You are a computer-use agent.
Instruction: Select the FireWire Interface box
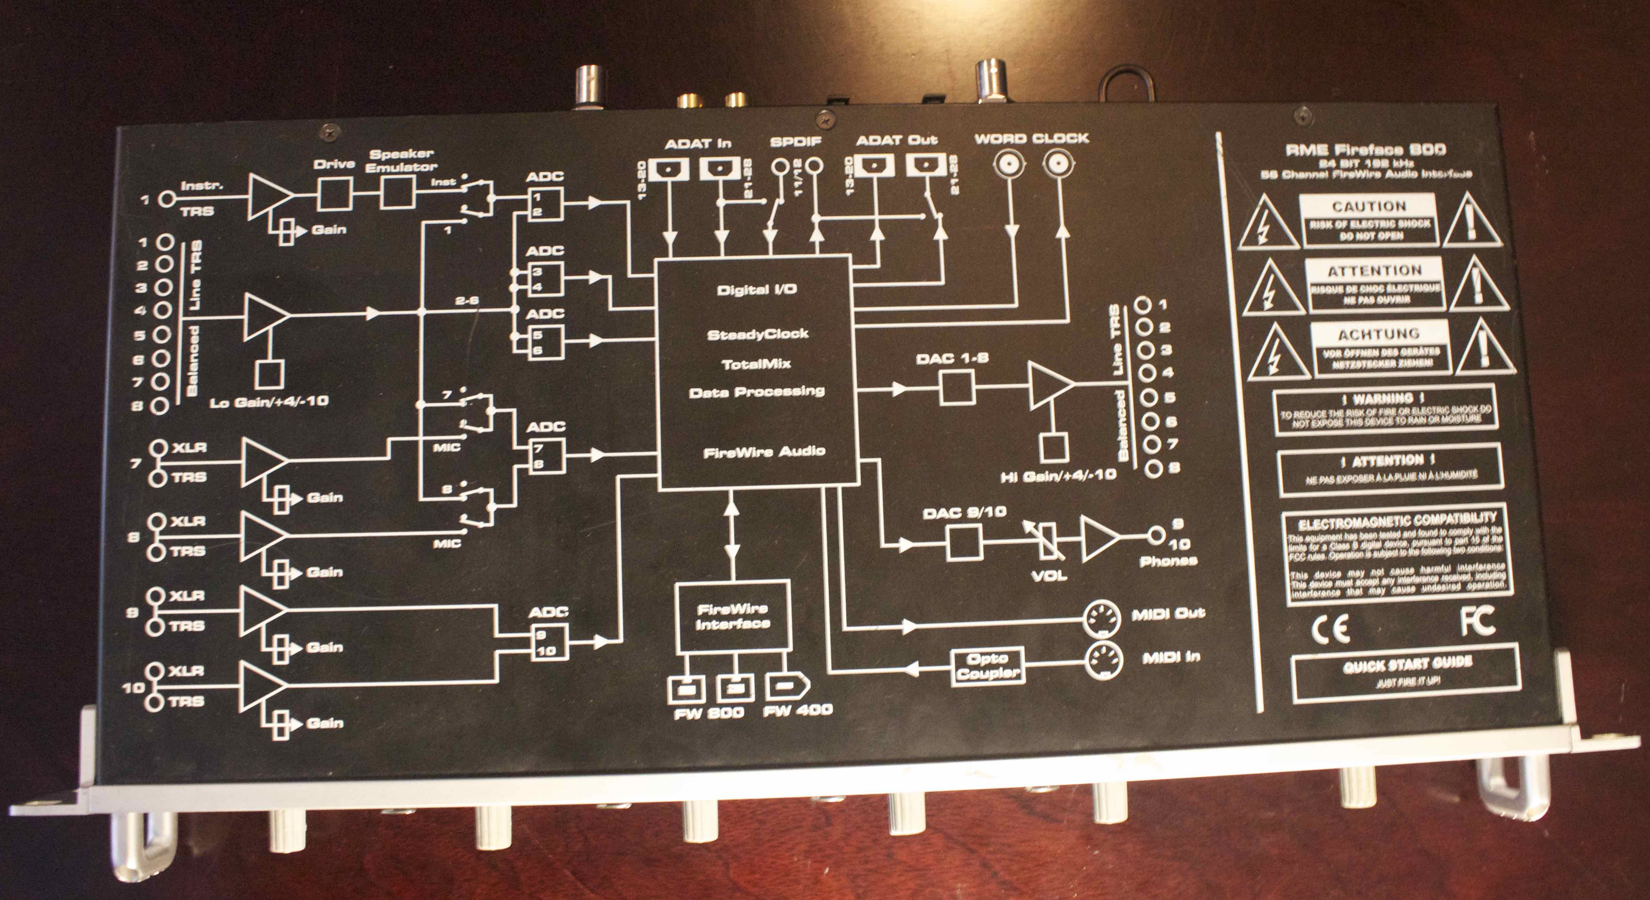[732, 616]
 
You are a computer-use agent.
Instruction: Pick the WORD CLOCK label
[1031, 138]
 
